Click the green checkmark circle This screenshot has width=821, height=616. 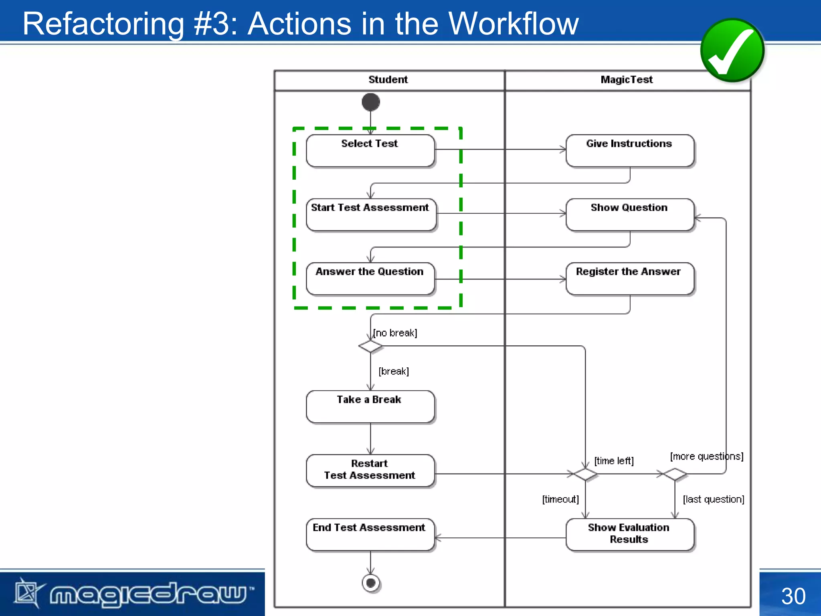(732, 50)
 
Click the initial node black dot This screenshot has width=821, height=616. (370, 102)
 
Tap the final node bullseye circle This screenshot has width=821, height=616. (371, 583)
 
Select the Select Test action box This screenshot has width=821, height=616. (370, 151)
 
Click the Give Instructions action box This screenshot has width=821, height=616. (629, 151)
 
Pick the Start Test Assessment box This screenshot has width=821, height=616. (371, 215)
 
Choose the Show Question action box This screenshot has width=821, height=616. (629, 215)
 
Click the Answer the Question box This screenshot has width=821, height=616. (370, 279)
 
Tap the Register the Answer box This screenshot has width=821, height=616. (629, 279)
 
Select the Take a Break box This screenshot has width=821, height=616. (370, 407)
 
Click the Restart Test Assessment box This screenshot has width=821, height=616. (370, 470)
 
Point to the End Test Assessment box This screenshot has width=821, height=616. (370, 535)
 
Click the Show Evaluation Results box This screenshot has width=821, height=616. (629, 535)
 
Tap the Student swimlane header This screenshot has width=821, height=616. (388, 80)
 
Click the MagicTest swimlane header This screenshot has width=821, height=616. (627, 80)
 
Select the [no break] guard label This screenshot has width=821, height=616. (395, 333)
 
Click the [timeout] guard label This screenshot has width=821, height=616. (560, 499)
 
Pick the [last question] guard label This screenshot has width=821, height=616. (714, 499)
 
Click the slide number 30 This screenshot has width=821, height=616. (793, 596)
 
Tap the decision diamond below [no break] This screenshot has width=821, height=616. (370, 346)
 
